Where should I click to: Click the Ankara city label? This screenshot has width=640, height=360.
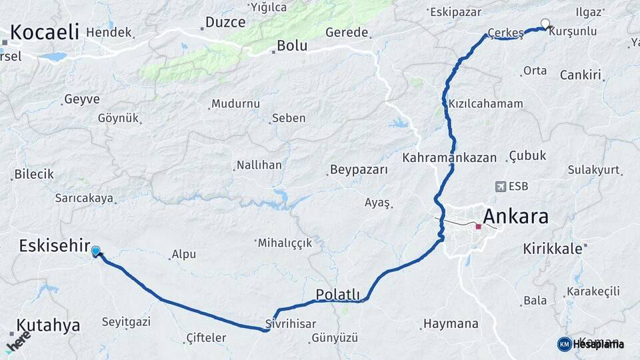(515, 217)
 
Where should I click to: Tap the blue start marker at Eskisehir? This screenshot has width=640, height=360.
(96, 251)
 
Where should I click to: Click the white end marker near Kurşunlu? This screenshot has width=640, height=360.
(545, 24)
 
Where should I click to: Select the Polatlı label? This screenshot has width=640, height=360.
(337, 295)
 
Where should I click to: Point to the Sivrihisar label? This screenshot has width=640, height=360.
(290, 324)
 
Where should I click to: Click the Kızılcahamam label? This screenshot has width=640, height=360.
(485, 104)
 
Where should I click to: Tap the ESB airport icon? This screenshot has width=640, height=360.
(501, 187)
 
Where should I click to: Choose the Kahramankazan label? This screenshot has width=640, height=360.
(449, 158)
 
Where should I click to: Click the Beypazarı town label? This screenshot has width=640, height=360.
(359, 170)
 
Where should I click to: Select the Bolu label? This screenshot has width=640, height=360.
(292, 45)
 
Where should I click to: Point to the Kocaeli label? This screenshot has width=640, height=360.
(45, 31)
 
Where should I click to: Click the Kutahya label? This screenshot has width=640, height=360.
(48, 325)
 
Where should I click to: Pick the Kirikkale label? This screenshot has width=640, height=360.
(553, 248)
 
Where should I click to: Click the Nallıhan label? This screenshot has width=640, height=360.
(259, 165)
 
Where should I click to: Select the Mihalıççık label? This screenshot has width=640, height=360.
(285, 243)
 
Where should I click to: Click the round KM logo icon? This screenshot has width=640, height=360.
(564, 344)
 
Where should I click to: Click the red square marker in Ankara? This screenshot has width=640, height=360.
(478, 227)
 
